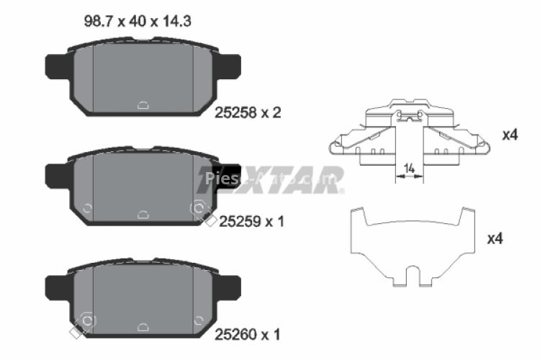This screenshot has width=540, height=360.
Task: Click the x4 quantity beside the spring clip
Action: (510, 135)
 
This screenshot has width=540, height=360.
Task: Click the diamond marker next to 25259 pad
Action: (210, 221)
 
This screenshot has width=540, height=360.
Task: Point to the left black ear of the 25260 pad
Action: (58, 289)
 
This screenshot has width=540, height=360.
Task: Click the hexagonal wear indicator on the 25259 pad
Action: (197, 209)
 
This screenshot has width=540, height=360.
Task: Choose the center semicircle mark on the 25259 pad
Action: (143, 213)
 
